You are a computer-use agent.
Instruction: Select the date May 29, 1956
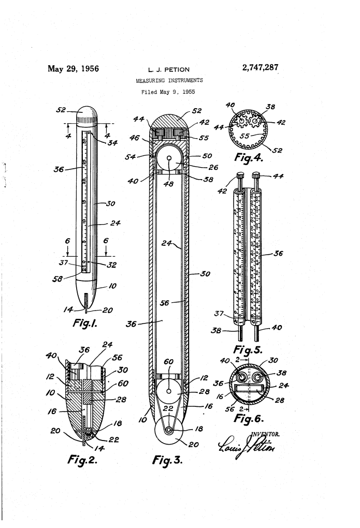coord(73,68)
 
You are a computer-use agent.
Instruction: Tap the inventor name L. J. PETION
coord(169,69)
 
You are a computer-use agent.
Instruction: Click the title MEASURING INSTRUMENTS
coord(169,81)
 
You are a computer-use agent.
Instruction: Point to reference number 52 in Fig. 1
coord(62,110)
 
